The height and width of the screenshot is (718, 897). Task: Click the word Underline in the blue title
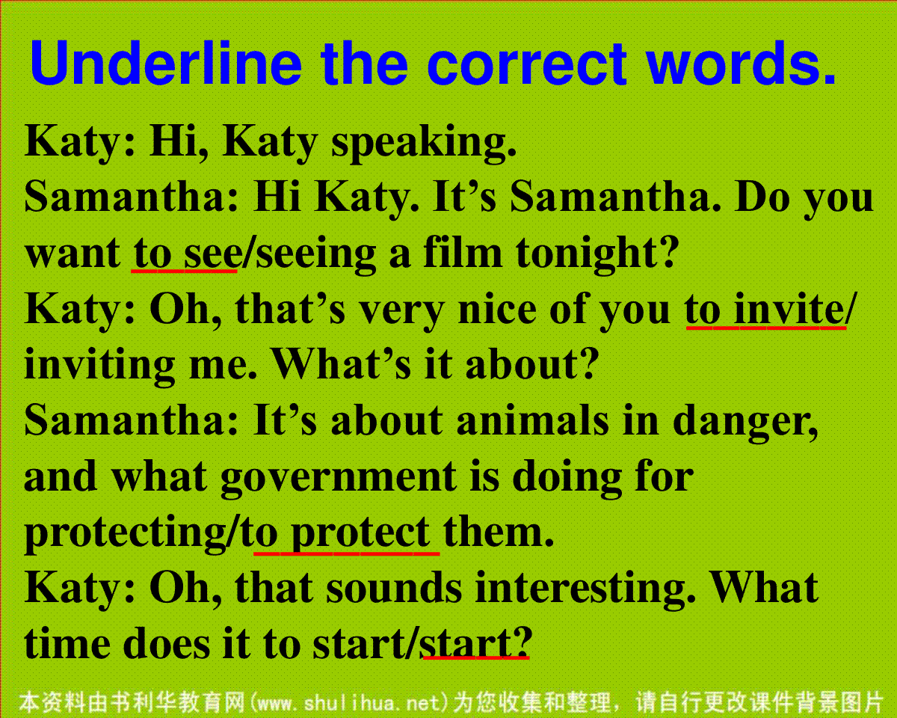(x=165, y=63)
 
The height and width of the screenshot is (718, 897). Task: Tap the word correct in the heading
(x=527, y=64)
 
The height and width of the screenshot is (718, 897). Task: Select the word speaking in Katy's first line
(x=424, y=144)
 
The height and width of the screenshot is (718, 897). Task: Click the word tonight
(x=597, y=254)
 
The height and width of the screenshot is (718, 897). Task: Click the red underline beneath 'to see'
(x=184, y=271)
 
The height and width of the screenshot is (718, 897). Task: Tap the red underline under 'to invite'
(x=766, y=328)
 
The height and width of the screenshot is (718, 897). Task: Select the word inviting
(x=99, y=366)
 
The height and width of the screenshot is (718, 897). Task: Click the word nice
(x=497, y=311)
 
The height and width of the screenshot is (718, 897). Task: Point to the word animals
(x=532, y=421)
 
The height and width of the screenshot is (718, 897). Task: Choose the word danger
(x=745, y=423)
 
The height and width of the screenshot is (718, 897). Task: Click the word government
(x=339, y=479)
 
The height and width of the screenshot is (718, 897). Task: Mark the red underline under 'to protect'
(x=346, y=553)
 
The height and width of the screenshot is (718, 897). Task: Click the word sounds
(x=394, y=589)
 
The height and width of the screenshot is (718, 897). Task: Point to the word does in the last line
(x=166, y=644)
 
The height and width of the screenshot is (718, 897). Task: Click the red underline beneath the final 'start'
(x=476, y=657)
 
